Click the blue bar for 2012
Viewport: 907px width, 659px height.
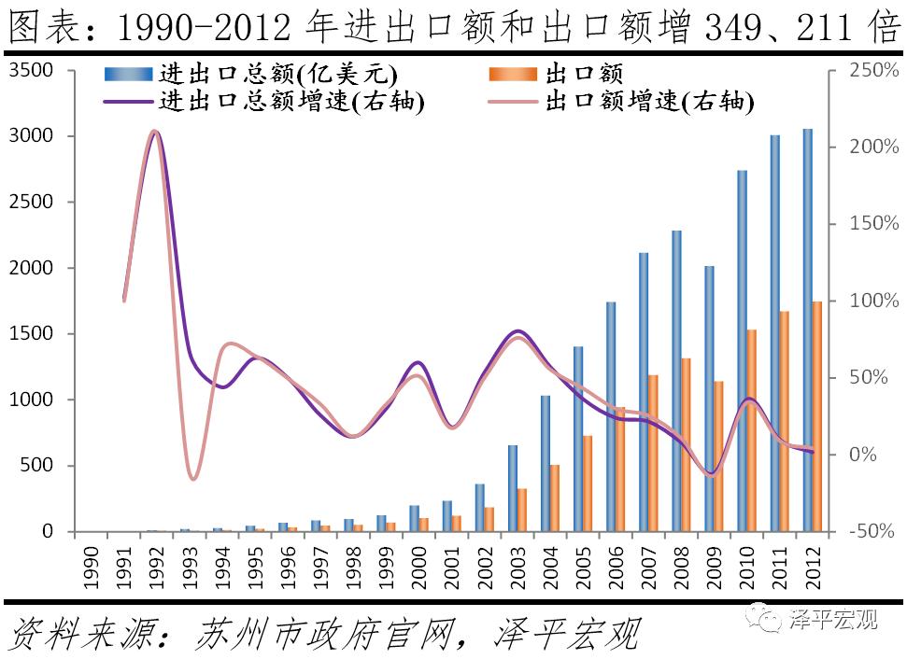[x=807, y=330]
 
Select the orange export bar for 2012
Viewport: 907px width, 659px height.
[x=817, y=416]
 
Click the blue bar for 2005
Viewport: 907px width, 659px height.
[x=577, y=439]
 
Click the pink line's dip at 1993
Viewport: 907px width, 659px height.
[x=193, y=478]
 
